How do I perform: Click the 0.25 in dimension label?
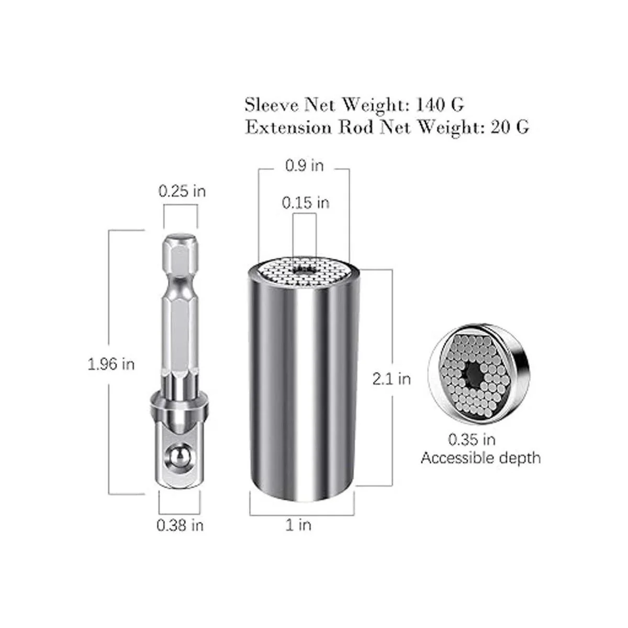(x=182, y=192)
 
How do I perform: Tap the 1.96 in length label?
(x=111, y=364)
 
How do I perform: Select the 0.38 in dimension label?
(x=180, y=525)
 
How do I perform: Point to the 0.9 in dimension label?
(x=305, y=165)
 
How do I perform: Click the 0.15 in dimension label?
(x=305, y=203)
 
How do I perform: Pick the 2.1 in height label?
(x=391, y=379)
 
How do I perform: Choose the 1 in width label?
(x=298, y=525)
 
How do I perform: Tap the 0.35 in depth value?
(x=472, y=440)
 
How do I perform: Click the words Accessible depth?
(x=480, y=458)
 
